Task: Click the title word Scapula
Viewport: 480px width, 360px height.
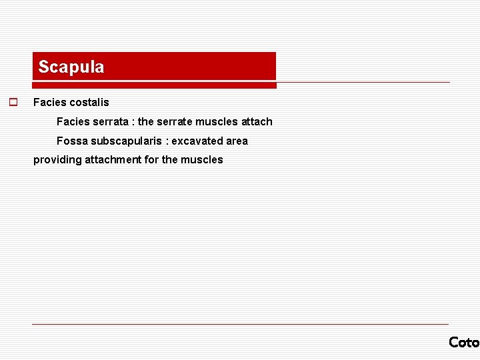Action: point(71,67)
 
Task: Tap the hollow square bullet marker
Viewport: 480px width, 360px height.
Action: point(12,103)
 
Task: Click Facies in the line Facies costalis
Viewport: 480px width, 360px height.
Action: point(47,103)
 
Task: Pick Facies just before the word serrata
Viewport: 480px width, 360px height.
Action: point(71,122)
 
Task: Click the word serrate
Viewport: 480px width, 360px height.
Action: point(175,122)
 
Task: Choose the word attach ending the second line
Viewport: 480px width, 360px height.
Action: point(257,122)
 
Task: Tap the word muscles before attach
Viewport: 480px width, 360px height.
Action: point(217,122)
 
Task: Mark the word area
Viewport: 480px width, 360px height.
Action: point(237,141)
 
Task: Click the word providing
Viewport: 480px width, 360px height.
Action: point(57,160)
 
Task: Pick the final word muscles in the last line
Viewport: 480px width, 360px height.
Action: point(202,160)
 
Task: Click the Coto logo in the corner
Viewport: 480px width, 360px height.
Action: point(463,342)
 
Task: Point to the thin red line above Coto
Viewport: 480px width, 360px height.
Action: point(240,325)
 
